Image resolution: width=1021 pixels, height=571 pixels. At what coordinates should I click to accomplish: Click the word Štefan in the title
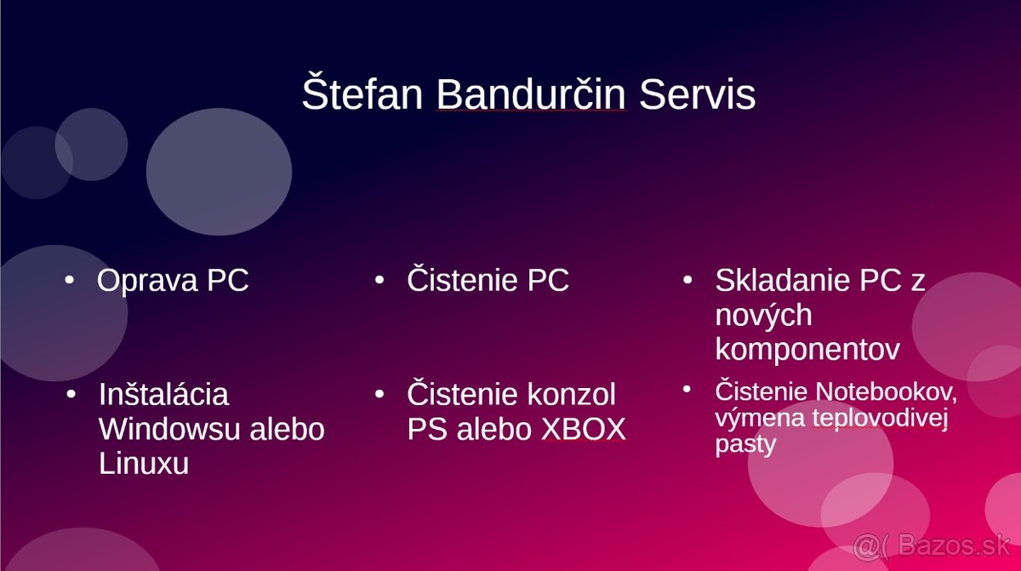362,94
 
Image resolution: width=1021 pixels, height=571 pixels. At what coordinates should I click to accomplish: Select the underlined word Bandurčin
531,94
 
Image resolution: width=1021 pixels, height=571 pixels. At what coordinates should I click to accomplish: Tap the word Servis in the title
697,94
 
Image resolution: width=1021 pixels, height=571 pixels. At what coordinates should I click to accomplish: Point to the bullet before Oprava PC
70,279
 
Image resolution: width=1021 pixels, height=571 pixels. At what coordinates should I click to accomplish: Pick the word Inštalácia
163,394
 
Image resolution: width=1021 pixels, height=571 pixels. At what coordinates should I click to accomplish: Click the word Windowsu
169,429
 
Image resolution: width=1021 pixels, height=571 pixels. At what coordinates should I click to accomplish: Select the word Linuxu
143,464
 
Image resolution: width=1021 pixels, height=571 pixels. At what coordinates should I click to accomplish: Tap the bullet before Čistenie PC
379,279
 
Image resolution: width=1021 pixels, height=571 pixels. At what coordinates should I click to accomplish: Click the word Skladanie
783,280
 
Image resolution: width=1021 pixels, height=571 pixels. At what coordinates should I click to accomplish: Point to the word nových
763,315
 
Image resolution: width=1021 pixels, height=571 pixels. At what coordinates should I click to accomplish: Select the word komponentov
807,350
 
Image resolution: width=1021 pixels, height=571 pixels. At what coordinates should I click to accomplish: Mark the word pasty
745,444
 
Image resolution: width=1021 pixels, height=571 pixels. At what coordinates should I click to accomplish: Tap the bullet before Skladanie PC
687,279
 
